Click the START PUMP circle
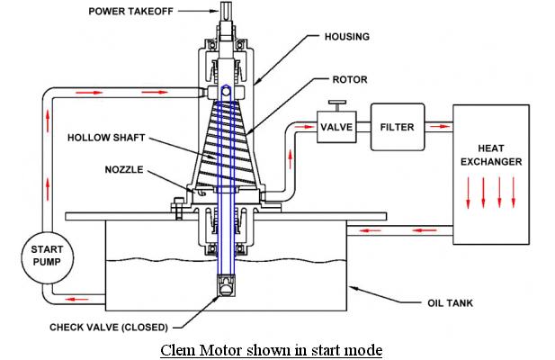pyautogui.click(x=47, y=257)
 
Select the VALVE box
pyautogui.click(x=336, y=127)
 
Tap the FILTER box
pyautogui.click(x=398, y=127)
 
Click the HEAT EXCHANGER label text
pyautogui.click(x=491, y=155)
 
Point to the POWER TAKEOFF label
pyautogui.click(x=130, y=12)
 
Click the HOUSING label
pyautogui.click(x=347, y=37)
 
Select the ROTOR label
pyautogui.click(x=350, y=79)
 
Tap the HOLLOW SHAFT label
pyautogui.click(x=106, y=138)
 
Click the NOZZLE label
pyautogui.click(x=124, y=169)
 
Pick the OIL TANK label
pyautogui.click(x=450, y=303)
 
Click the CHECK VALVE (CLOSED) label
pyautogui.click(x=109, y=327)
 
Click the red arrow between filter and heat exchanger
pyautogui.click(x=439, y=126)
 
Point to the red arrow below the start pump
pyautogui.click(x=76, y=299)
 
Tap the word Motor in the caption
pyautogui.click(x=221, y=350)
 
